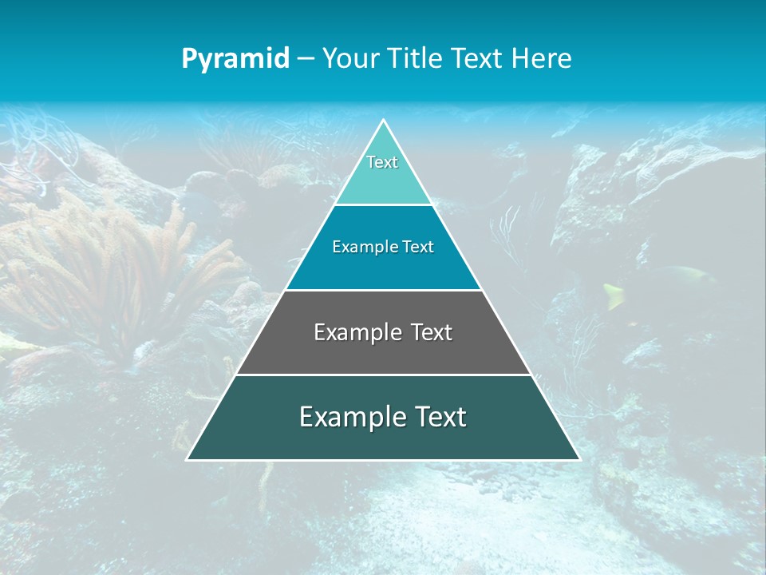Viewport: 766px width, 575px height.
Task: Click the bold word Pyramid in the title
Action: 235,59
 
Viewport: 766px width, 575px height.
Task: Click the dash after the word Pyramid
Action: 306,59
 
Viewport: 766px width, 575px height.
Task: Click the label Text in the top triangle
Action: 382,162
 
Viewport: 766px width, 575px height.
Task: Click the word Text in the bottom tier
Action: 440,417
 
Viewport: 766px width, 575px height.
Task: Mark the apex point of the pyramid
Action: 383,121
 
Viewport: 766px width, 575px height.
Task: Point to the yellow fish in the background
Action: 614,296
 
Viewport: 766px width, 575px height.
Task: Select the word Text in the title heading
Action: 478,59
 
